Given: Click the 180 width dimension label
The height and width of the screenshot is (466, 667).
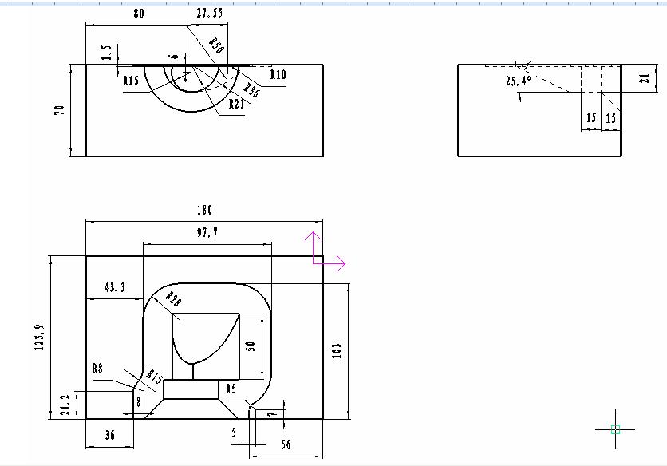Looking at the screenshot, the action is [x=204, y=210].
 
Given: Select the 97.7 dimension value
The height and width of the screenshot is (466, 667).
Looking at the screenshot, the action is [x=207, y=232].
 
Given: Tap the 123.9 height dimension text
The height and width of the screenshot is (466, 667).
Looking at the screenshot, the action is [x=40, y=338].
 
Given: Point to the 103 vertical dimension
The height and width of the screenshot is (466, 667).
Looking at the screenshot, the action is [x=337, y=350].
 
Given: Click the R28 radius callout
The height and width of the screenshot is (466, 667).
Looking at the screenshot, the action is [x=173, y=299].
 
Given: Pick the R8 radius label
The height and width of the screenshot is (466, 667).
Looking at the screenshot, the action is [x=98, y=368].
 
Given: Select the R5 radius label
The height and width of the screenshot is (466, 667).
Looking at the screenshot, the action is [x=231, y=389].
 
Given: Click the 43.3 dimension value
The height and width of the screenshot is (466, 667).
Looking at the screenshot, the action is [x=115, y=288].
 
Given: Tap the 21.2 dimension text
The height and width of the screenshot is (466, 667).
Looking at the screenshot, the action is [x=65, y=405].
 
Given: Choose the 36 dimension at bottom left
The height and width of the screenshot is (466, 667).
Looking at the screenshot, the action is [x=110, y=435].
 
